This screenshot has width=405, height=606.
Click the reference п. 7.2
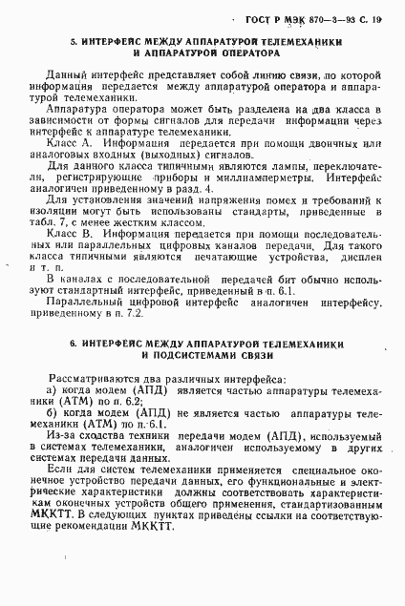click(130, 314)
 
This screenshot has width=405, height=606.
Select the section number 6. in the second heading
click(73, 343)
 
